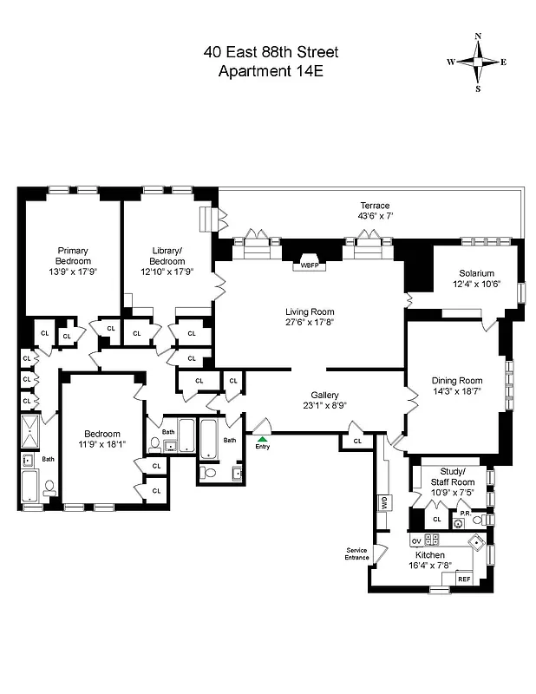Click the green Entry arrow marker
coord(262,439)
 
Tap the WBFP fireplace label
coord(310,265)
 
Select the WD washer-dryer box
coord(382,502)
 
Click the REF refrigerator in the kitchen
coord(464,579)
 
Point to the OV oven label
coord(416,541)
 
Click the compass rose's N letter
coord(478,36)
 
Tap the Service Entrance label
coord(357,553)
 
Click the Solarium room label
coord(476,272)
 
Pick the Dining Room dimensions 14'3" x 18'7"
coord(456,391)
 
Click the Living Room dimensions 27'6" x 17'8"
coord(310,324)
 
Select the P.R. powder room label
coord(465,513)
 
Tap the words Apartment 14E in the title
coord(271,72)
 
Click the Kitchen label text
coord(429,554)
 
